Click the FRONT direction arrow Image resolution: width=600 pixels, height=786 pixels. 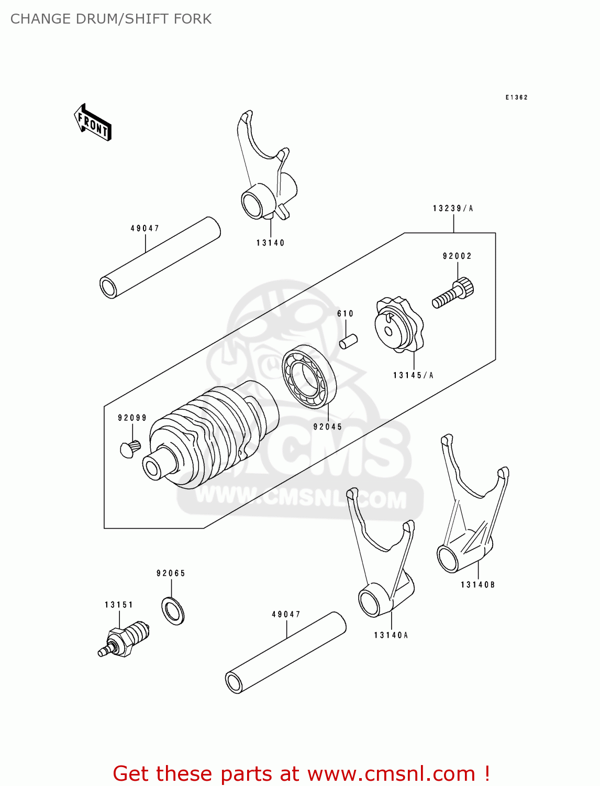93,123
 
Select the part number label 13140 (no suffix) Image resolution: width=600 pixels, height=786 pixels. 270,243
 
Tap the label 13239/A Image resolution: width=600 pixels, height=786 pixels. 453,209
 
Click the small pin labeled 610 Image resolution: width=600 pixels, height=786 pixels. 349,341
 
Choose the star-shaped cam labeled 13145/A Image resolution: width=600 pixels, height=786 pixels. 398,325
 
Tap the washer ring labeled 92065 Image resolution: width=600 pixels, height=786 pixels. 173,610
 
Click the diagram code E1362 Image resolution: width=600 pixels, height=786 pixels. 516,97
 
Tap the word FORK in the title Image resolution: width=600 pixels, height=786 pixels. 194,19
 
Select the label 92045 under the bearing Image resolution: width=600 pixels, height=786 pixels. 328,427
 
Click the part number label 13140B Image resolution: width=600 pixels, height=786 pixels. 477,585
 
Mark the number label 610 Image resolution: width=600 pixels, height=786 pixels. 345,313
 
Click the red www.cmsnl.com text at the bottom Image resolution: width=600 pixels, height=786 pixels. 391,773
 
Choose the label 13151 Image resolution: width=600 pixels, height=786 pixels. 119,605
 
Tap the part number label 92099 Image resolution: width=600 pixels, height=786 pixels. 132,418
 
